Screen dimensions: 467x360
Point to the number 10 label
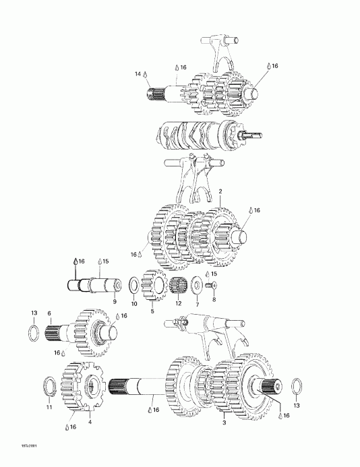point(134,304)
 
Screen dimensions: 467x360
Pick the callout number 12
point(178,304)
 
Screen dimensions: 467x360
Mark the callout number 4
point(91,422)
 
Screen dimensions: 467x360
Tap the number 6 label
point(49,313)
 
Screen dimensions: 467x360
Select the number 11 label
point(48,407)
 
